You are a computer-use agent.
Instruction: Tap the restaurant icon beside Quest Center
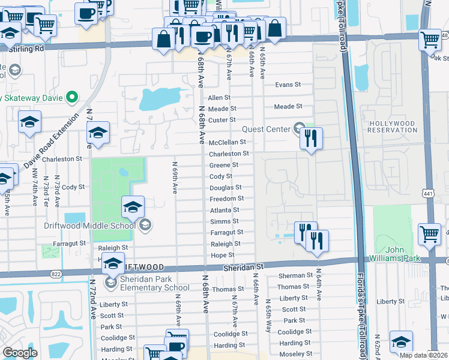[310, 139]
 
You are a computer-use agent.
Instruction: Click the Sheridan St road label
[243, 265]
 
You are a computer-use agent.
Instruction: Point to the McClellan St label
[227, 142]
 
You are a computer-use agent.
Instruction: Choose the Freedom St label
[227, 199]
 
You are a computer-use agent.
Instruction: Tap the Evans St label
[288, 85]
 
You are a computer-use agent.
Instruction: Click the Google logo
[20, 353]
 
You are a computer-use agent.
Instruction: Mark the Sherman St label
[292, 275]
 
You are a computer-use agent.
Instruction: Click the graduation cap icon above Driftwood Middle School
[133, 208]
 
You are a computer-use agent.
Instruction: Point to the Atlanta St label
[224, 210]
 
